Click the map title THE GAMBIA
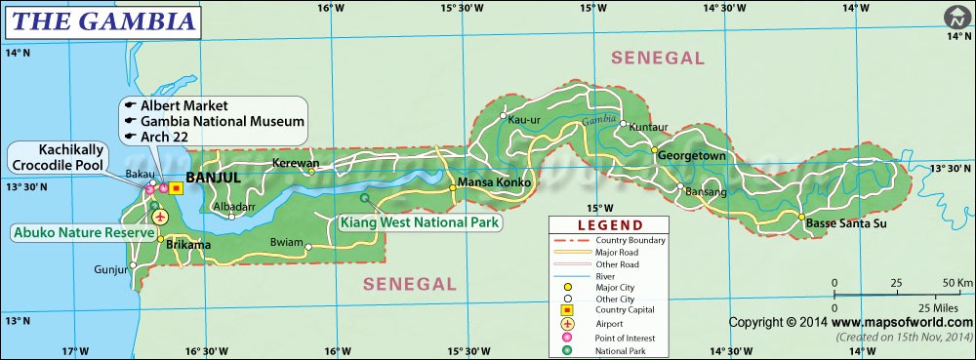pyautogui.click(x=101, y=19)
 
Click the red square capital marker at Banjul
pyautogui.click(x=176, y=188)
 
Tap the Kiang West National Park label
pyautogui.click(x=420, y=222)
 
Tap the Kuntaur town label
pyautogui.click(x=649, y=127)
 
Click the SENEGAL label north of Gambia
pyautogui.click(x=657, y=59)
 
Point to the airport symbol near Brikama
pyautogui.click(x=160, y=216)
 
